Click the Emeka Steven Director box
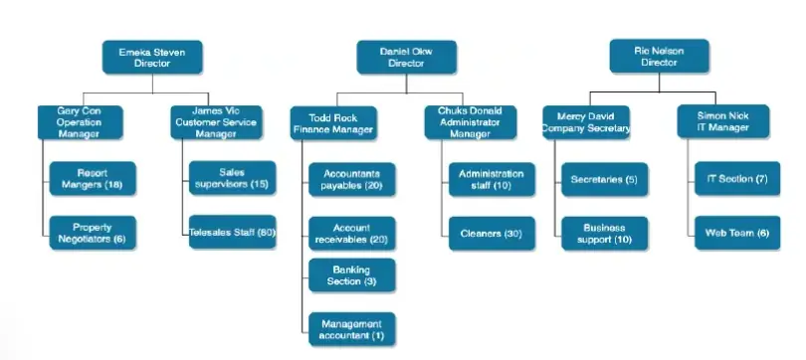[x=152, y=56]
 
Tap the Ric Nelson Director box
[x=659, y=56]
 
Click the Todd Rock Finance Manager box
[x=333, y=122]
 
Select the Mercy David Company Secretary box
[x=587, y=121]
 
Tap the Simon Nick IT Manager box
[x=722, y=121]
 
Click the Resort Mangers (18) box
[x=93, y=179]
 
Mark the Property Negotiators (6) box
[x=93, y=233]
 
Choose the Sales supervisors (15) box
[x=233, y=179]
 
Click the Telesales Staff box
[x=233, y=234]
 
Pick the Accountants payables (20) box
[x=351, y=179]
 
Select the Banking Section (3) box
[x=351, y=274]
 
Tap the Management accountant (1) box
[x=351, y=328]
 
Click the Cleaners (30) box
[x=491, y=234]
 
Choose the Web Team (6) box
[x=735, y=234]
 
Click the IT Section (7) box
[x=735, y=179]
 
